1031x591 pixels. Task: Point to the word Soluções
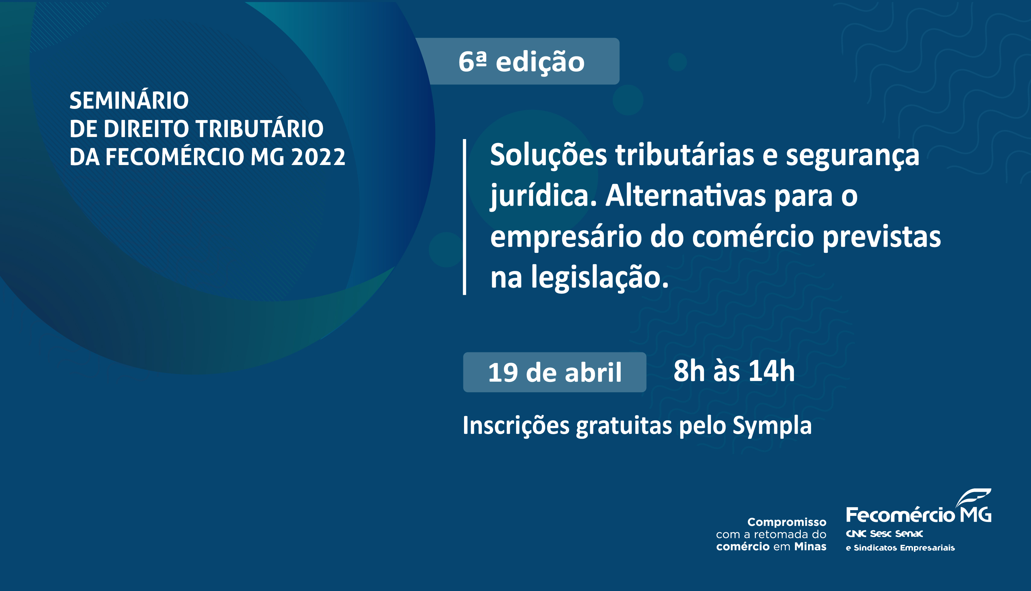point(548,155)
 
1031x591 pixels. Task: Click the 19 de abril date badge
point(555,372)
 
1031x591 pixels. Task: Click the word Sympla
point(772,427)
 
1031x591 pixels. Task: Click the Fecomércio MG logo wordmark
point(918,515)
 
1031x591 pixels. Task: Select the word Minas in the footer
point(810,547)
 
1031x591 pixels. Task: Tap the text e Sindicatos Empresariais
point(900,548)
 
